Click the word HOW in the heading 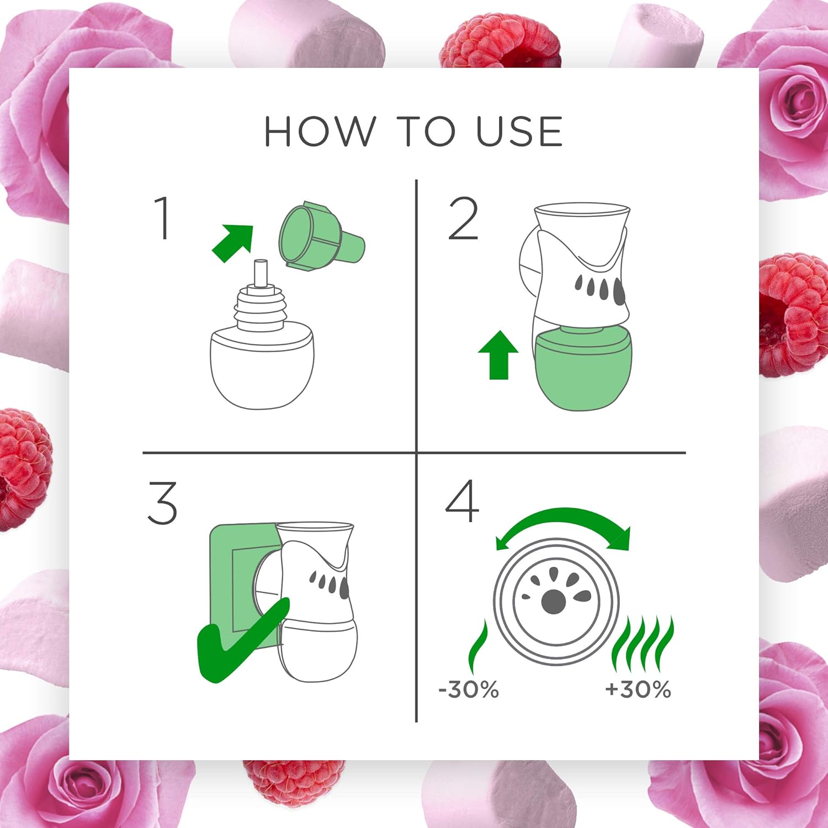tap(319, 131)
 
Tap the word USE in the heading tap(519, 131)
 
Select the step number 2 tap(463, 219)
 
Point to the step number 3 tap(162, 502)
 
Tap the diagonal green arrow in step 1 tap(232, 243)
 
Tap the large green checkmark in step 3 tap(243, 640)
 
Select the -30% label tap(469, 689)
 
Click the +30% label tap(638, 689)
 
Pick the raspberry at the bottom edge tap(294, 782)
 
